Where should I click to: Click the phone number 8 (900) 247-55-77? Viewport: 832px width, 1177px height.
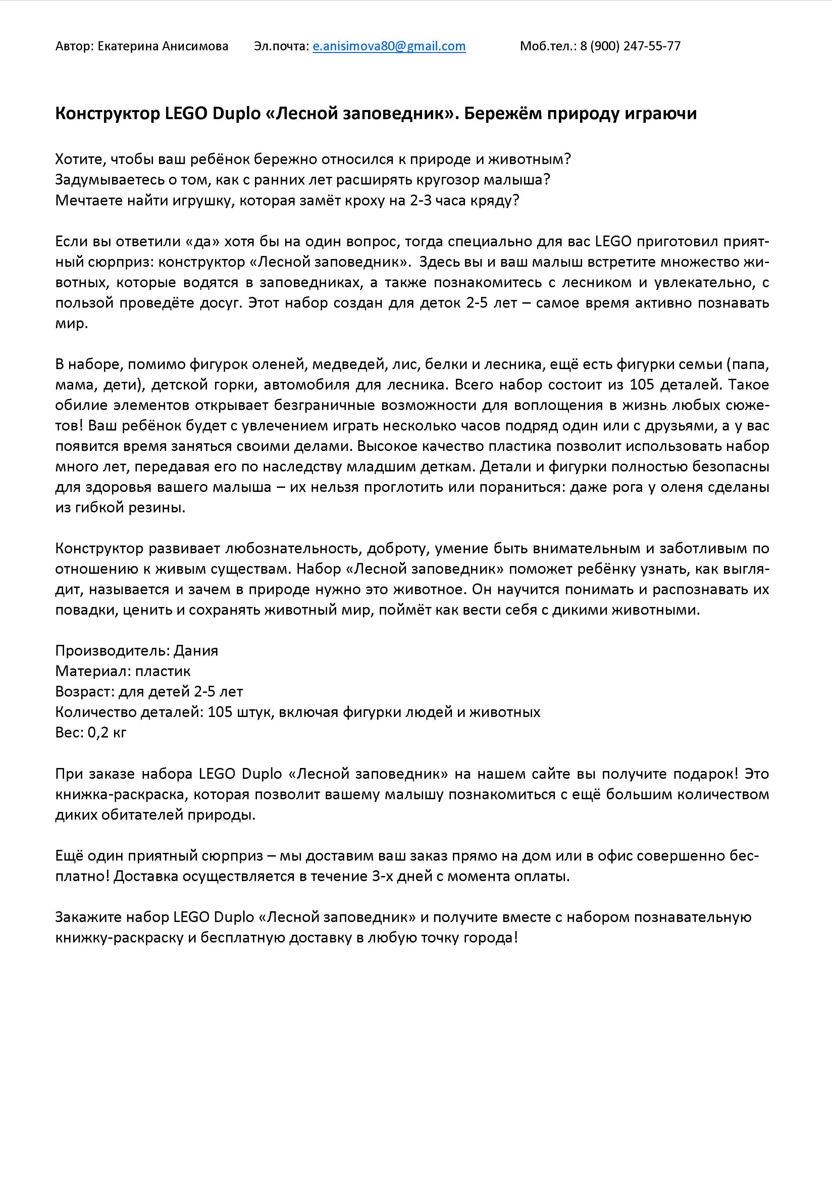tap(630, 46)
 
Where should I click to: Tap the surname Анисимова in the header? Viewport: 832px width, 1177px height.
tap(195, 46)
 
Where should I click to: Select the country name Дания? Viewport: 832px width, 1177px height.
tap(196, 651)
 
